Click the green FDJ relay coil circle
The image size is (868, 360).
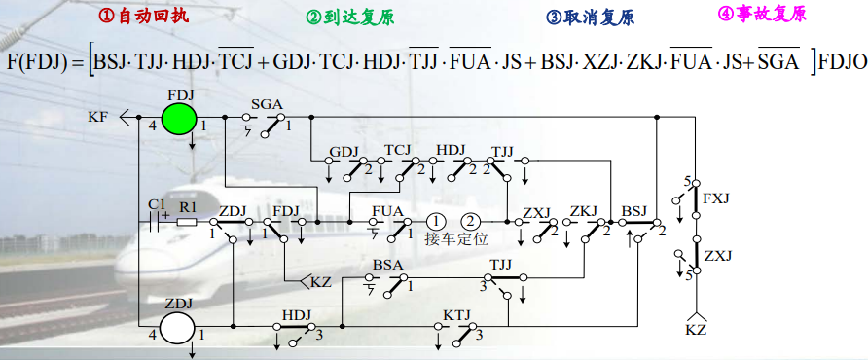(x=178, y=119)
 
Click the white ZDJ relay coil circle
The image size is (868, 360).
(x=178, y=328)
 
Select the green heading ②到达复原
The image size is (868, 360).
(x=349, y=18)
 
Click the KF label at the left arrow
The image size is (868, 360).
(x=97, y=118)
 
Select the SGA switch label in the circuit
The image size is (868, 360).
(x=266, y=103)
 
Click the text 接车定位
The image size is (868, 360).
(x=455, y=238)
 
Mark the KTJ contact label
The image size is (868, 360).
(x=456, y=317)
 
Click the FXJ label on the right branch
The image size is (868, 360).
(x=716, y=198)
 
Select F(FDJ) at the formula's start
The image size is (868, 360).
(x=42, y=63)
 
